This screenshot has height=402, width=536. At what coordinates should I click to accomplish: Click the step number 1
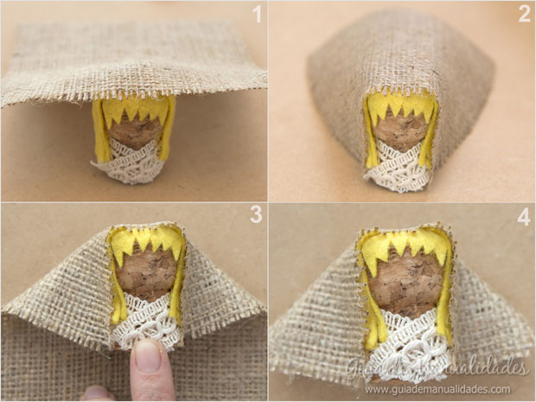coord(257,14)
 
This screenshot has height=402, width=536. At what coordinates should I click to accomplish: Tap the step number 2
coord(525,14)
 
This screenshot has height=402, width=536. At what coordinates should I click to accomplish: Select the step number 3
coord(256,214)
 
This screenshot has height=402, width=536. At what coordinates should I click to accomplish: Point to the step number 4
coord(524,217)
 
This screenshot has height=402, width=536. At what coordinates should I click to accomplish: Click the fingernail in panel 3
coord(148,356)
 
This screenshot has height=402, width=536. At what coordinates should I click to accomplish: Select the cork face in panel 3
coord(147,272)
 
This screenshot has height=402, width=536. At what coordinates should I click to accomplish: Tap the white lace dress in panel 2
coord(399,168)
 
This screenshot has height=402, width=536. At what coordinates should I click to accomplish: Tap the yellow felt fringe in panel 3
coord(147,241)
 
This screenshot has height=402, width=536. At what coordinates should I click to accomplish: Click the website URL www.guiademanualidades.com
coord(437,389)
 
